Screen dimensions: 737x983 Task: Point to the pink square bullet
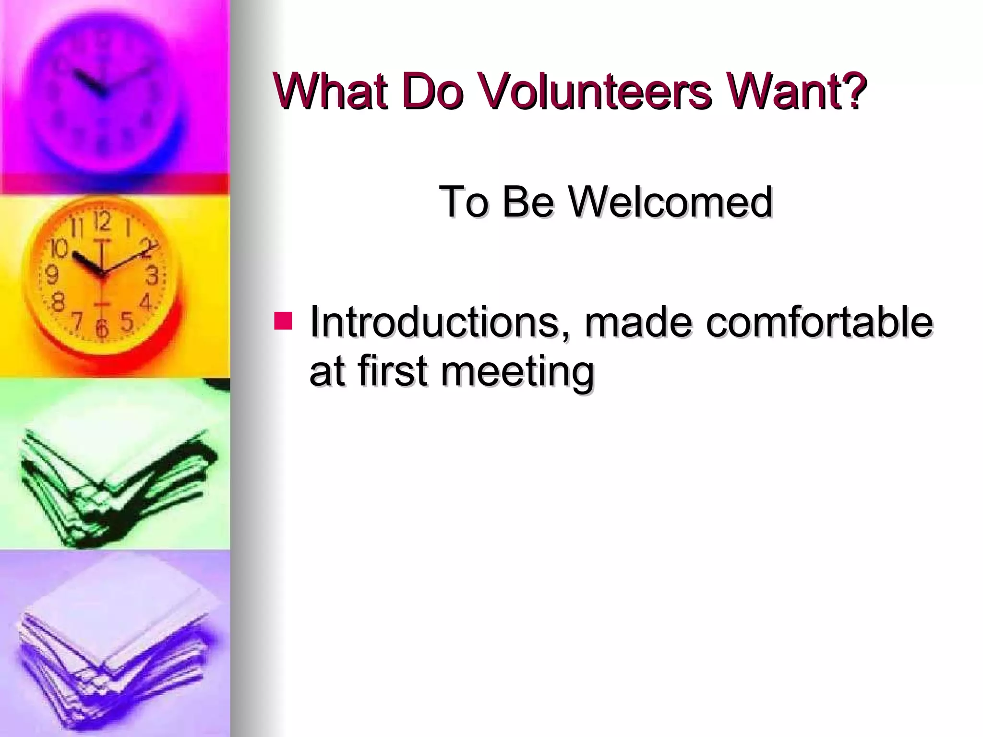click(283, 321)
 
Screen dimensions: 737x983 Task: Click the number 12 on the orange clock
click(102, 222)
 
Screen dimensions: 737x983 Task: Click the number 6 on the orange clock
click(101, 329)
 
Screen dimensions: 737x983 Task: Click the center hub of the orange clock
click(101, 275)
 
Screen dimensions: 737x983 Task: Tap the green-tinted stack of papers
click(115, 485)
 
